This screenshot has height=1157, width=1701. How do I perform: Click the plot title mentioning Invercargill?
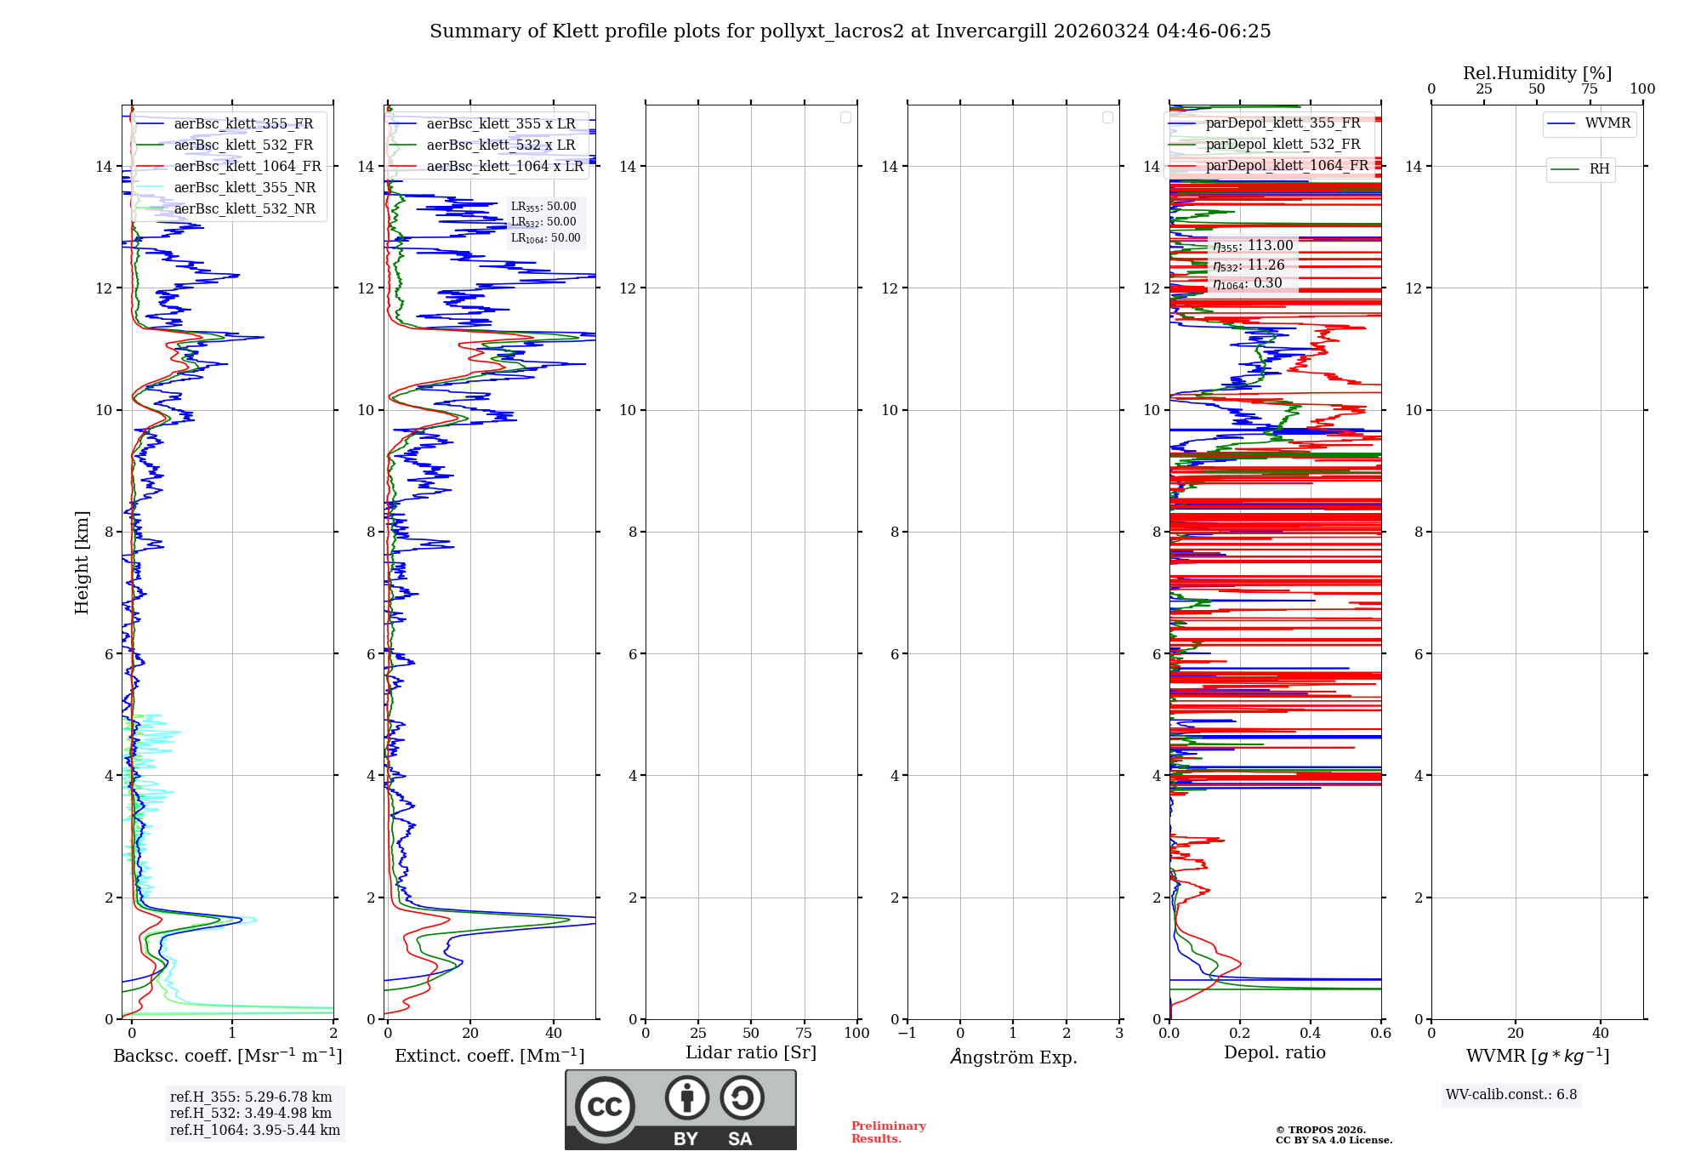850,31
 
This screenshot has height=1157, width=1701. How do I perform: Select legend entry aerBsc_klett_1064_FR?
247,166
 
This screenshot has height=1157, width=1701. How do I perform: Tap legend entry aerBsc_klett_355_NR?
244,187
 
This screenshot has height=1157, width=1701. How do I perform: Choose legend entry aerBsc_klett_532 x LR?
500,145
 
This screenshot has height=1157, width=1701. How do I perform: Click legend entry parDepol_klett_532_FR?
1283,144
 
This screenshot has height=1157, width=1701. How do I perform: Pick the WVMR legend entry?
1607,123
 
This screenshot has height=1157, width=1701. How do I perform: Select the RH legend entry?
1599,169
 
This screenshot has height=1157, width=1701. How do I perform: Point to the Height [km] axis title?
82,562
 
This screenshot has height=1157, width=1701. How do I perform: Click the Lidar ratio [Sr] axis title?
751,1052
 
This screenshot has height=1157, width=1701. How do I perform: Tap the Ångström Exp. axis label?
1013,1057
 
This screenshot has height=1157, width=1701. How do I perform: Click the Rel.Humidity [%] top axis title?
1537,73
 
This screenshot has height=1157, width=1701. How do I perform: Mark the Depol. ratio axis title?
1274,1052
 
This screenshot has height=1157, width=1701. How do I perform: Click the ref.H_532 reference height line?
251,1113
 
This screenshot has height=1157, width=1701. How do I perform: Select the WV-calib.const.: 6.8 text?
1511,1094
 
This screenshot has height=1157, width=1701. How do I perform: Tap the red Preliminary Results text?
888,1131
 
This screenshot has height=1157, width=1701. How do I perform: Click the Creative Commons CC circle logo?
605,1106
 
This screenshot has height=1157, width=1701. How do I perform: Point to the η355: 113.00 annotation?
1253,246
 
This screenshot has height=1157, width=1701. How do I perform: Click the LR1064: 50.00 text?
545,238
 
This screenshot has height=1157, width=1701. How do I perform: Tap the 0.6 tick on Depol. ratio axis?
1380,1033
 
